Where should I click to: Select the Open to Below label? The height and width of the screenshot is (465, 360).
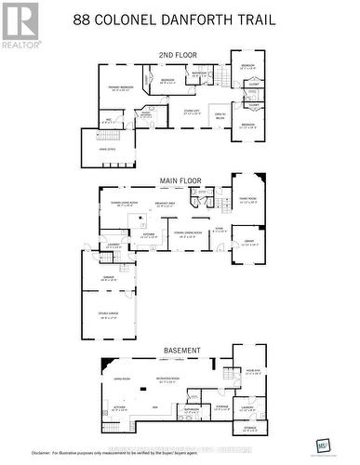[x=220, y=116]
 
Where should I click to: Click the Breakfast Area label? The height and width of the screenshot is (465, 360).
[x=166, y=205]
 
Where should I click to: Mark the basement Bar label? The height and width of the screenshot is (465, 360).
[x=154, y=406]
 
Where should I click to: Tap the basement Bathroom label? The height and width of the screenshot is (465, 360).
[x=192, y=408]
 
